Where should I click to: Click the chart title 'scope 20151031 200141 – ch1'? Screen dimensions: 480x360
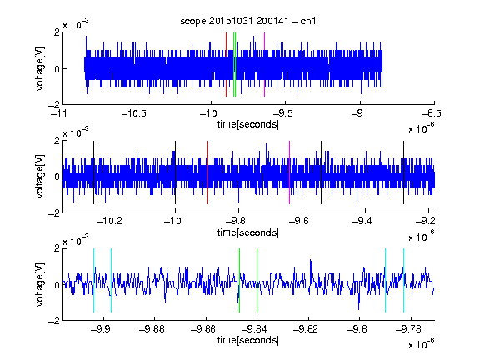coord(248,21)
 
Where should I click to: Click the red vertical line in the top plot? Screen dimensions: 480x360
coord(226,65)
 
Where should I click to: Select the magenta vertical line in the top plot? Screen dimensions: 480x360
coord(264,65)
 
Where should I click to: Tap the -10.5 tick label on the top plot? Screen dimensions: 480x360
coord(134,113)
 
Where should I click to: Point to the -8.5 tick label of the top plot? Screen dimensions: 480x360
coord(432,113)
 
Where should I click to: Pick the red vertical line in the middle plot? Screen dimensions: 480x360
coord(207,172)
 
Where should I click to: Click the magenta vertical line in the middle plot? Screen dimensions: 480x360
coord(290,172)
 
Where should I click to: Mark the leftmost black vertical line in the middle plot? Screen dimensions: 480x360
coord(93,172)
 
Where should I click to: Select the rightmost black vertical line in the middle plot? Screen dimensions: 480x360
coord(403,172)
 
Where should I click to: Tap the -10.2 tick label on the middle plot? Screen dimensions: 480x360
coord(109,221)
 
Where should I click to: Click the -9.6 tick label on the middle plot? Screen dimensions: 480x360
coord(299,221)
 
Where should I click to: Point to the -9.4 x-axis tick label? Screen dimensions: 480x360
coord(362,221)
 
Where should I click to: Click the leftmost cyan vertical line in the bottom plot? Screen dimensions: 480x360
coord(93,280)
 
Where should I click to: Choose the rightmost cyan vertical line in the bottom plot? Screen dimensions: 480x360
coord(403,280)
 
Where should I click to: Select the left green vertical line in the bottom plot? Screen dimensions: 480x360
coord(239,280)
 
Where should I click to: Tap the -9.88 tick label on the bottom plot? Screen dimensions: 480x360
coord(152,329)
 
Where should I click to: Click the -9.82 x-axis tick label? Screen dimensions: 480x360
coord(306,329)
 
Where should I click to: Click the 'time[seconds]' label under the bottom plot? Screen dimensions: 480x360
coord(248,340)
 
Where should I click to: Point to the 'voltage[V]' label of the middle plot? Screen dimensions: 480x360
coord(40,177)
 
